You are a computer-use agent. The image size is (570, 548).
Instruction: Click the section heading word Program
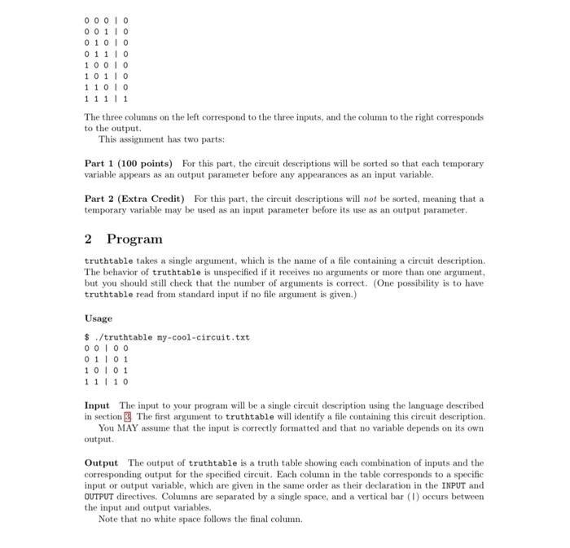point(134,239)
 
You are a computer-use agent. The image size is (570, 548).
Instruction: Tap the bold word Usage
point(99,318)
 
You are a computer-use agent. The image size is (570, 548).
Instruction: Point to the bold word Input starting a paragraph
point(97,405)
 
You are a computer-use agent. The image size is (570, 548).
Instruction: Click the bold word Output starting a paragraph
point(101,463)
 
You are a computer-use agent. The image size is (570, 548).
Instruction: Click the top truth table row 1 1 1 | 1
point(107,97)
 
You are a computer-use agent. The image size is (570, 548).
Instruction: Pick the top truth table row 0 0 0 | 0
point(107,17)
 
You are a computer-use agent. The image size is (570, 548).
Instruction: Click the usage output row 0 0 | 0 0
point(107,349)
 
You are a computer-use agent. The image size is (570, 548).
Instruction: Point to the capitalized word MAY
point(131,427)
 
